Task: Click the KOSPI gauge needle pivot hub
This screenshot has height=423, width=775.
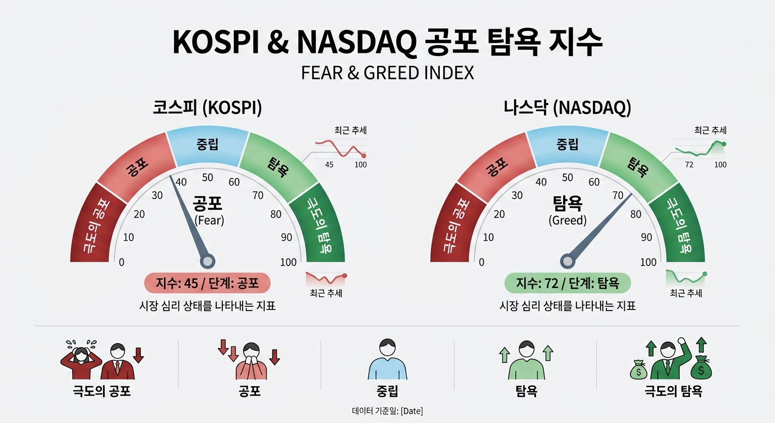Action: pyautogui.click(x=208, y=262)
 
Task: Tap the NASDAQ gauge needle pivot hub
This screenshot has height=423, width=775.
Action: pyautogui.click(x=567, y=262)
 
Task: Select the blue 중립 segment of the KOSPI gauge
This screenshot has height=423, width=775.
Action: pyautogui.click(x=208, y=145)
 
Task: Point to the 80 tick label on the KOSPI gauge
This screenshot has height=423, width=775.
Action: pyautogui.click(x=276, y=214)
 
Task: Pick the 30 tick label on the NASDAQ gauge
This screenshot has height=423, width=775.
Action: pyautogui.click(x=517, y=196)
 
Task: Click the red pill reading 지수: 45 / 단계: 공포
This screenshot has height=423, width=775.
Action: pyautogui.click(x=208, y=283)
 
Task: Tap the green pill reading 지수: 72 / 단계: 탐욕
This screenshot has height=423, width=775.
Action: pyautogui.click(x=567, y=283)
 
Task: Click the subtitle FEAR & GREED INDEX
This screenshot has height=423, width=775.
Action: pyautogui.click(x=387, y=73)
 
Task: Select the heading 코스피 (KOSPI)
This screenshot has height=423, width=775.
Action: pyautogui.click(x=208, y=107)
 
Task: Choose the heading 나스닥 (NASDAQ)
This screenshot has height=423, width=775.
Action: pyautogui.click(x=567, y=107)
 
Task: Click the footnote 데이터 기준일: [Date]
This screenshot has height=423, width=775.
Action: pyautogui.click(x=387, y=411)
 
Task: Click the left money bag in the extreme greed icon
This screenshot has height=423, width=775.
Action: pyautogui.click(x=638, y=370)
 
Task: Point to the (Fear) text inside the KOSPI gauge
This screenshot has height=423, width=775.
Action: pyautogui.click(x=209, y=220)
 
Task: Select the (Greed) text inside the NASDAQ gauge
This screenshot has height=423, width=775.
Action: pyautogui.click(x=567, y=220)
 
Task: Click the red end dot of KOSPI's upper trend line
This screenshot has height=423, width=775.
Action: pyautogui.click(x=364, y=156)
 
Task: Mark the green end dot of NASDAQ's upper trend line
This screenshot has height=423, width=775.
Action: pyautogui.click(x=724, y=144)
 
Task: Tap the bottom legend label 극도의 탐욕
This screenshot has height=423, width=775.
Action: pyautogui.click(x=673, y=392)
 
